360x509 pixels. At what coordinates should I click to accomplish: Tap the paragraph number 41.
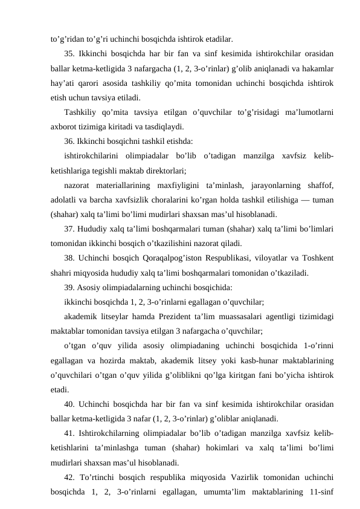pyautogui.click(x=69, y=435)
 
